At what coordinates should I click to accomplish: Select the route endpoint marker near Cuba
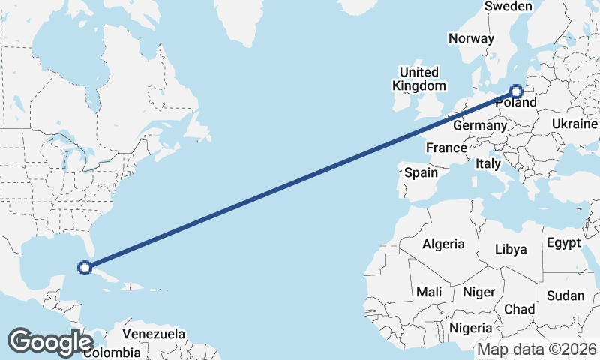click(85, 266)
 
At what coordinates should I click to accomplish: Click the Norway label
click(471, 38)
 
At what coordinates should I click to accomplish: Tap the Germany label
click(480, 125)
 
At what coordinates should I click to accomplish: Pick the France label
click(446, 148)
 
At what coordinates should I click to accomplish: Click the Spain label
click(421, 172)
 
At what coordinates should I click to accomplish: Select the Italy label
click(488, 163)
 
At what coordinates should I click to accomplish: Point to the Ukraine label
click(574, 124)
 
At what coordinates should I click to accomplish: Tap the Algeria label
click(443, 244)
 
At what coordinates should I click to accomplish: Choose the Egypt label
click(563, 243)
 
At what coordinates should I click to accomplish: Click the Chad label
click(519, 309)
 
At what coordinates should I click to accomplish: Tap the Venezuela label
click(154, 333)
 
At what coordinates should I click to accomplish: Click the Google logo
click(50, 341)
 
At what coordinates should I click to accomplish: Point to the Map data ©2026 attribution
click(537, 349)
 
